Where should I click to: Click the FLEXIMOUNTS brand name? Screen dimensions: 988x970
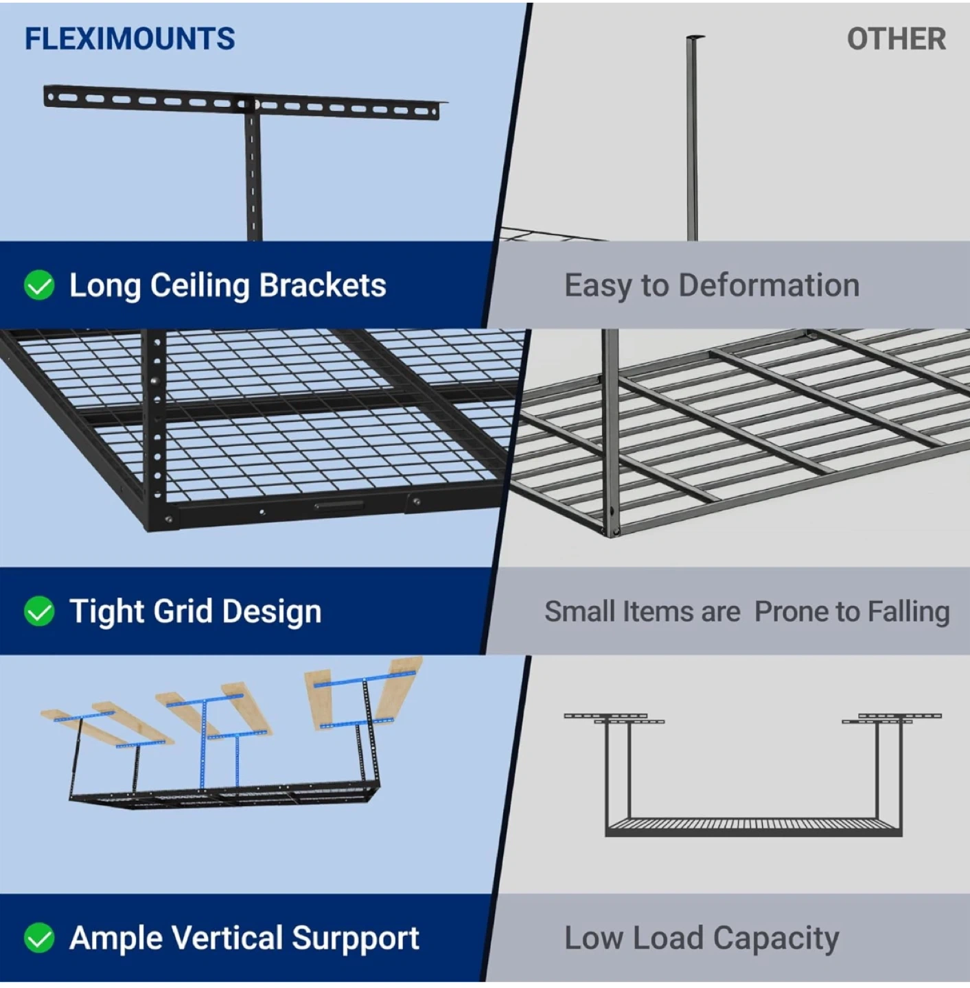(130, 39)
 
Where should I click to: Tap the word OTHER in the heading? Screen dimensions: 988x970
(896, 39)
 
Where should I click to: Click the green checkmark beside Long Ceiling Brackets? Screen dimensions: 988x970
(39, 285)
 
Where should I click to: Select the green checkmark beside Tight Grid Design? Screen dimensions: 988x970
(39, 611)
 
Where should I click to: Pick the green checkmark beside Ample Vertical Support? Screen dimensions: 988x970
(39, 938)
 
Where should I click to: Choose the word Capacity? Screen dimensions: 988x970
(776, 938)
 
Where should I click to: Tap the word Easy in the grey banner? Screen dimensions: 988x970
(594, 285)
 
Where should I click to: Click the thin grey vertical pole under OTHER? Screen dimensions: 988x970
(692, 137)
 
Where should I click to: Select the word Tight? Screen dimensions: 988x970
(106, 611)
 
